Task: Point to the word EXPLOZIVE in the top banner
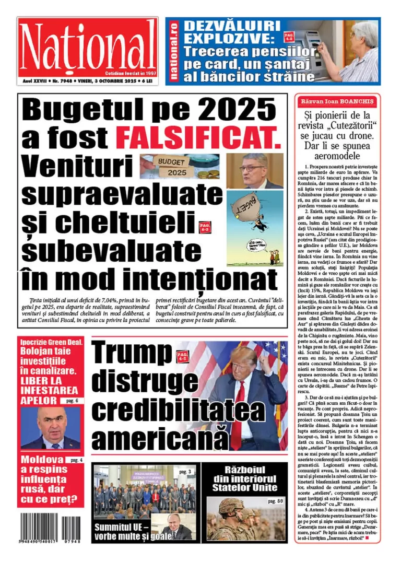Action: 229,38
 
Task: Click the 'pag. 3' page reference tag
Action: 185,472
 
